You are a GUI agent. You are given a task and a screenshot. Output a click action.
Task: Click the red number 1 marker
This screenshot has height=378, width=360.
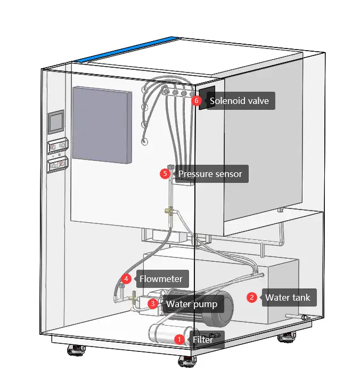coord(180,339)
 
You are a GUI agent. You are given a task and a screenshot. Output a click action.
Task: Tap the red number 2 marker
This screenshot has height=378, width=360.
coord(252,297)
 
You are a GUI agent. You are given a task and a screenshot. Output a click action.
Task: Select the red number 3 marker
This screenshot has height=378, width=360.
coord(153,303)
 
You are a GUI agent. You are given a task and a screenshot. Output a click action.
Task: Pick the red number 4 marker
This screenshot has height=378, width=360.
coord(126,278)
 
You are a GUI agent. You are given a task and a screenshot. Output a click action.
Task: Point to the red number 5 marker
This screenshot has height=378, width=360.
coord(165,173)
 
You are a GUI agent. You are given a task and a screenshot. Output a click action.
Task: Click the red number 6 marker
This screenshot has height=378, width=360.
coord(197,100)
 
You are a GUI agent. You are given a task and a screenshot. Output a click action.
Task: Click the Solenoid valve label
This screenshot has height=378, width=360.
coord(239,100)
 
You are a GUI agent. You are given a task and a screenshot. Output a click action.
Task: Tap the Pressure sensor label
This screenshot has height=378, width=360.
coord(210,174)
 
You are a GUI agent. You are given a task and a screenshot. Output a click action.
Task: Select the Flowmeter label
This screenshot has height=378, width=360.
coord(161,279)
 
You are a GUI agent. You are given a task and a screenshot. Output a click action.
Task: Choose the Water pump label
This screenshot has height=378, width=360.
coord(192,304)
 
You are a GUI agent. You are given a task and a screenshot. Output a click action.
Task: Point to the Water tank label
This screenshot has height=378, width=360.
coord(288,297)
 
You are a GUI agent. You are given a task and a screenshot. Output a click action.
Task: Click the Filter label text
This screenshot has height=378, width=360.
coord(203,340)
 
